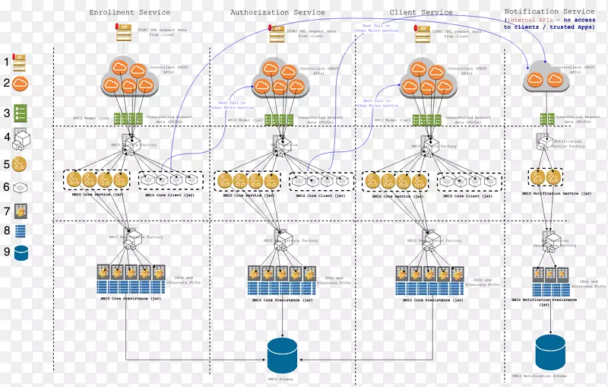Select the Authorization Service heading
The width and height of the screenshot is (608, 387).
click(x=277, y=13)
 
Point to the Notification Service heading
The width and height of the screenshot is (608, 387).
click(x=549, y=11)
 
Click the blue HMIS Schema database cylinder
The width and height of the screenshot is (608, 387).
click(x=283, y=354)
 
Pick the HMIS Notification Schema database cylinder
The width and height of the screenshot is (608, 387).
click(x=550, y=351)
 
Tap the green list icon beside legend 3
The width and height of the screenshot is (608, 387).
click(x=21, y=113)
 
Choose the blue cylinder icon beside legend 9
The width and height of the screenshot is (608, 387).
click(x=21, y=253)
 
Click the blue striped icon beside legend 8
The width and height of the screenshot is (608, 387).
click(x=21, y=231)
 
